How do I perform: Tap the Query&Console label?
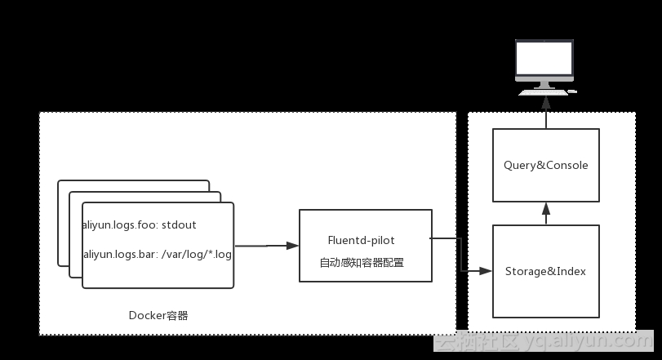coord(545,165)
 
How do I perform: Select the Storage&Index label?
coord(545,271)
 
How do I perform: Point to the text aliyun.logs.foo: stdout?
coord(140,224)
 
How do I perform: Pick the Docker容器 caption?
coord(158,315)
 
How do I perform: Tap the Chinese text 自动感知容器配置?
coord(362,263)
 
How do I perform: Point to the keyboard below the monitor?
coord(545,91)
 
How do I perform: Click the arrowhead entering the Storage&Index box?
coord(487,270)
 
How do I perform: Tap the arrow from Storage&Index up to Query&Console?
coord(545,213)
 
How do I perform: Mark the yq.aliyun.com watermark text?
coord(587,343)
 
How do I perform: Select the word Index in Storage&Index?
coord(571,271)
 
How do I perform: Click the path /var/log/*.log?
coord(197,255)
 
